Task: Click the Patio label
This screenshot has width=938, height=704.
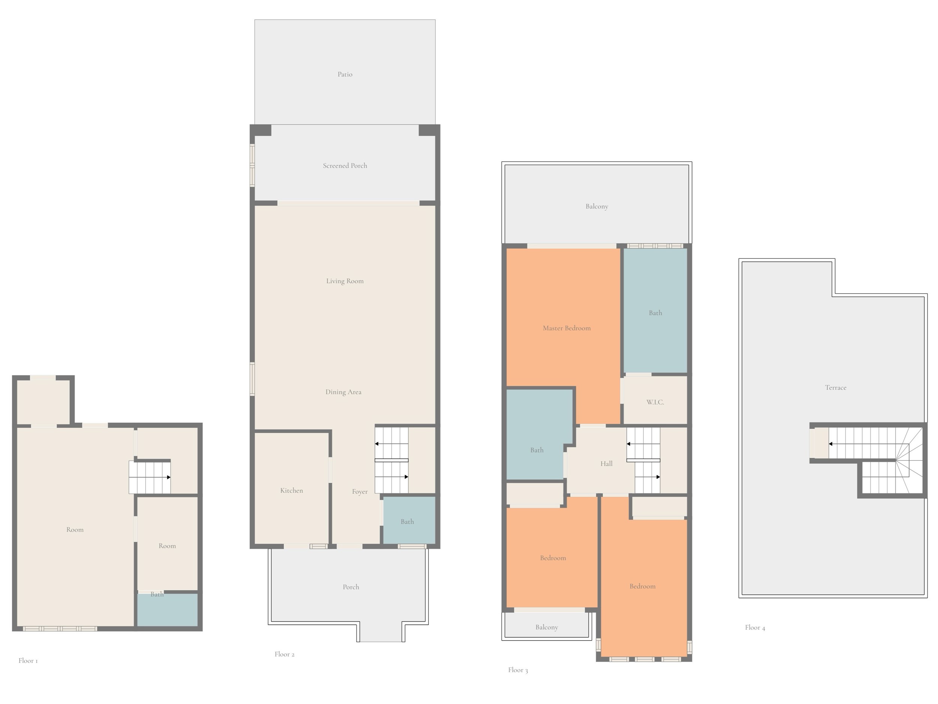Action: [345, 74]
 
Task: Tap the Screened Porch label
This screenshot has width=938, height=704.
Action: [345, 166]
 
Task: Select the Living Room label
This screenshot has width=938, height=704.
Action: [345, 281]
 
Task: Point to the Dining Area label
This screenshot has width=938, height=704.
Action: [343, 392]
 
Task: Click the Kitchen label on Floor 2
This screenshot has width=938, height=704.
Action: [292, 491]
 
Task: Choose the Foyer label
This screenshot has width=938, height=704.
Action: [359, 492]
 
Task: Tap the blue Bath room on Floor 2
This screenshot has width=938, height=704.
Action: [409, 520]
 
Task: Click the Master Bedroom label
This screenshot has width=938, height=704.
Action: [567, 328]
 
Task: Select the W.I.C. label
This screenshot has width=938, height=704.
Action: [655, 402]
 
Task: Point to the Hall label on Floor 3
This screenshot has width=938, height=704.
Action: [606, 464]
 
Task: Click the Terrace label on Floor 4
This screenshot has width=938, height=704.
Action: [835, 387]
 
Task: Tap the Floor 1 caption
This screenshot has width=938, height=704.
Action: [28, 661]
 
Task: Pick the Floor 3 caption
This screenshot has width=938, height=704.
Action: [518, 670]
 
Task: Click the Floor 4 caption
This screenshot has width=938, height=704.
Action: [755, 628]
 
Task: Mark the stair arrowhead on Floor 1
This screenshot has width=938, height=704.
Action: [168, 477]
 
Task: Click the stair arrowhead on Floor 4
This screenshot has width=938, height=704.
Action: [831, 444]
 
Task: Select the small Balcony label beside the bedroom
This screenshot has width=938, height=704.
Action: [547, 627]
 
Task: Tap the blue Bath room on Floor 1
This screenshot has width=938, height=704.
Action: [167, 609]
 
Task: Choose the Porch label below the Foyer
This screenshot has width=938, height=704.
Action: [351, 587]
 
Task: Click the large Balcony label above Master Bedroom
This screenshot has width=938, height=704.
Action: [597, 206]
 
